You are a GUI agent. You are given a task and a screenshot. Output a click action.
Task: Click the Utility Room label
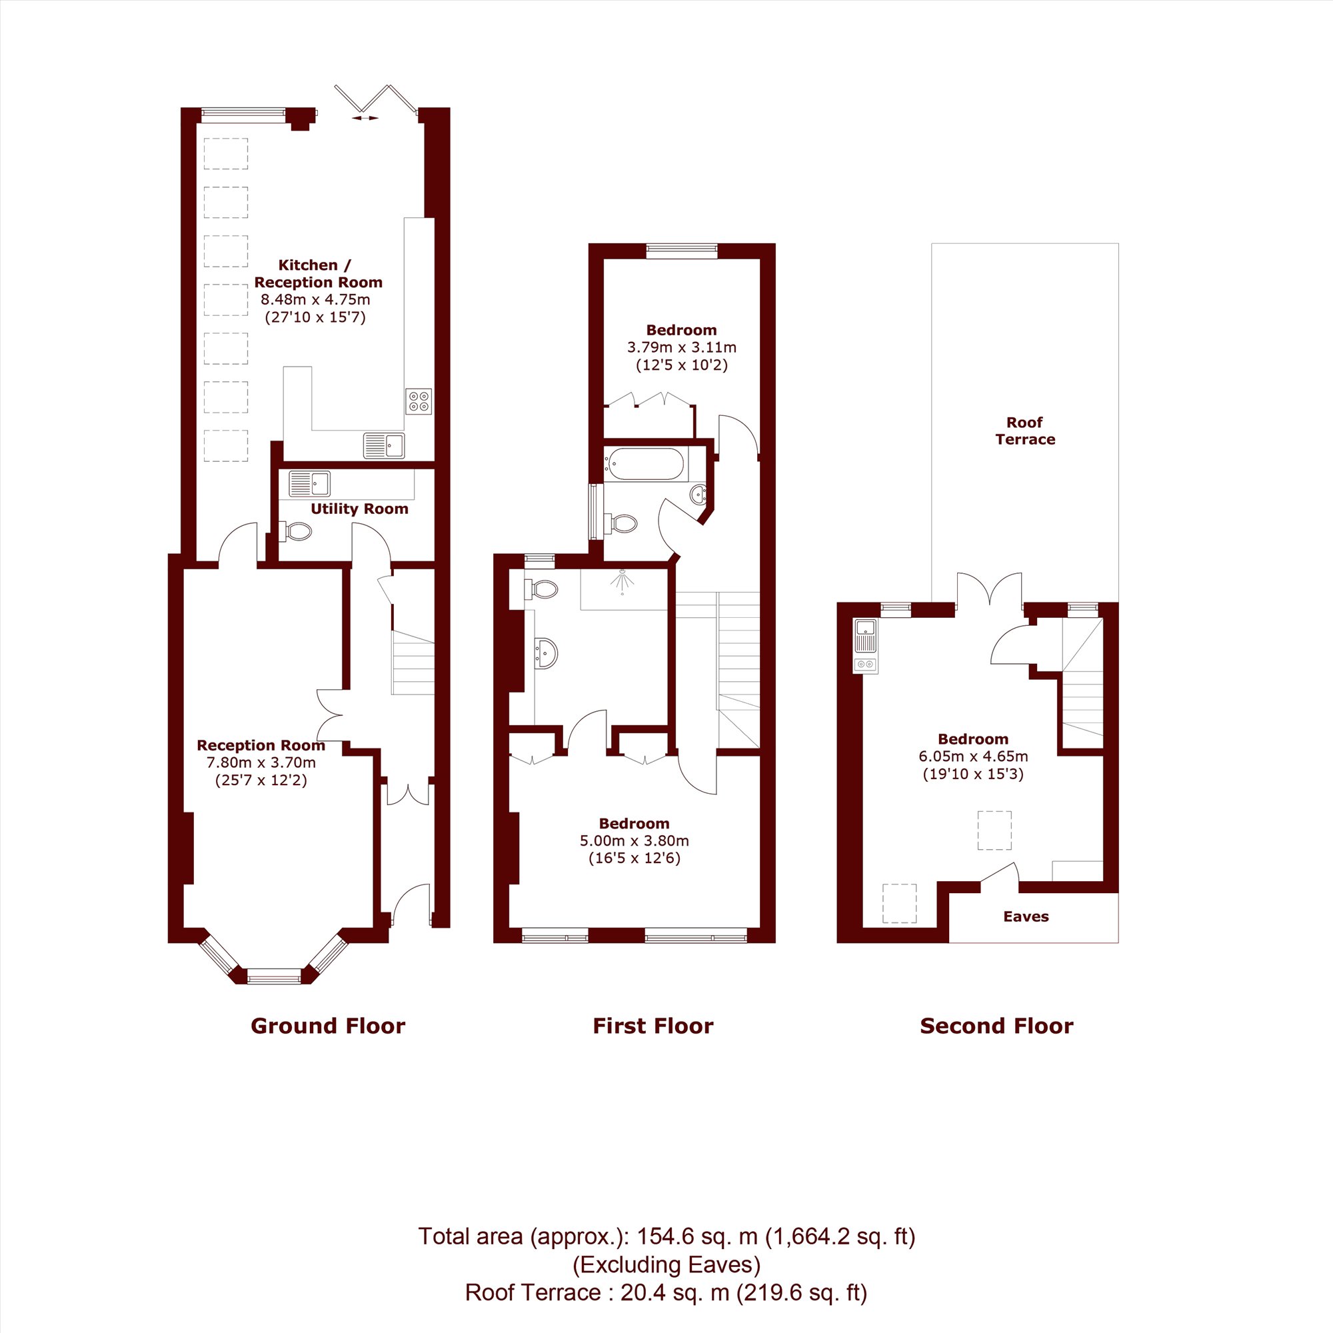tap(359, 509)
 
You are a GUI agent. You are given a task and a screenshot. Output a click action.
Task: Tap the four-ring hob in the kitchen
tap(418, 401)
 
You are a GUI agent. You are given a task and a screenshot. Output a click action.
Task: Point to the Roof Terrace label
tap(1024, 431)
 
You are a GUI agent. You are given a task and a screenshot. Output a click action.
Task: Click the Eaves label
tap(1026, 916)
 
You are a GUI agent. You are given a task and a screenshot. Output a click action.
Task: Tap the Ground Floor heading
tap(328, 1026)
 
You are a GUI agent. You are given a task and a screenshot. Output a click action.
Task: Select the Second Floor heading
tap(996, 1026)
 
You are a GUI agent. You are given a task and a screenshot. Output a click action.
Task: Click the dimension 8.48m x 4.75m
tap(315, 300)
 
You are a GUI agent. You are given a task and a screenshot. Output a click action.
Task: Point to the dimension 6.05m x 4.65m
tap(973, 756)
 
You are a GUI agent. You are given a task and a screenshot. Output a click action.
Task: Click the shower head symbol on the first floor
tap(623, 581)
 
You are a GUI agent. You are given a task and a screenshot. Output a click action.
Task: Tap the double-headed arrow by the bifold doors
tap(365, 118)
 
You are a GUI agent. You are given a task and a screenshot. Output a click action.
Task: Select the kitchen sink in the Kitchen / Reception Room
tap(384, 446)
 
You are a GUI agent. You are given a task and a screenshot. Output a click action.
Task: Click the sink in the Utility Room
tap(310, 484)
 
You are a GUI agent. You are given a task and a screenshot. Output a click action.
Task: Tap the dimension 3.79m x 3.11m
tap(682, 348)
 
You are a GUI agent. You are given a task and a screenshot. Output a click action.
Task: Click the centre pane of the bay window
tap(275, 976)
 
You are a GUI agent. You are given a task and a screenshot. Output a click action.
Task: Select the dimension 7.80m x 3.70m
tap(261, 763)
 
